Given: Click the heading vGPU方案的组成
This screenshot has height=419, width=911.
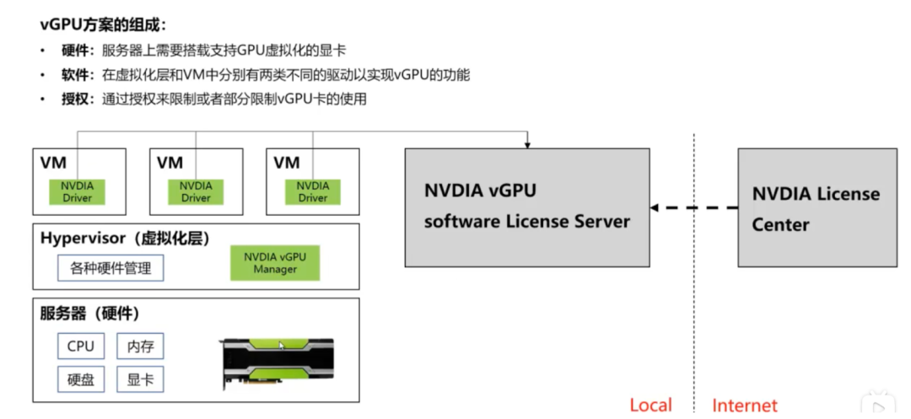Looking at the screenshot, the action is coord(103,25).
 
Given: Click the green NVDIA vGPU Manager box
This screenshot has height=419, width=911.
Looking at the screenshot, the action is coord(275,263).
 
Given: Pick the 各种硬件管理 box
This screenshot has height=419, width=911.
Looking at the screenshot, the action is coord(111,269).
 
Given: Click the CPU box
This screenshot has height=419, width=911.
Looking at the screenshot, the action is coord(81,346).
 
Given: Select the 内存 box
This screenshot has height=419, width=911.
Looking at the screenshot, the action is coord(140,346).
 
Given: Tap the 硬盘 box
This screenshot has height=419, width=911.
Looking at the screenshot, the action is coord(81,379).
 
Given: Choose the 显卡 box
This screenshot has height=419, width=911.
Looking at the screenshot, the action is coord(140,379).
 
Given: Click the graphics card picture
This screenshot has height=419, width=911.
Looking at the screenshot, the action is coord(278,363).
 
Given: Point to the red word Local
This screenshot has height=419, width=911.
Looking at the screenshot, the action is coord(650,405).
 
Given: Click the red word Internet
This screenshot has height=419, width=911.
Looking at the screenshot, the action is coord(744,405).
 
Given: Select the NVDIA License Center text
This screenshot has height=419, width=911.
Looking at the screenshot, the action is coord(816,208).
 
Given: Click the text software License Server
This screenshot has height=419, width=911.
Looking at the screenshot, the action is coord(527,221).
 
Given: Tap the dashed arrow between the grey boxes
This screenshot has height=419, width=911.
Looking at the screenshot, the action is coord(693,207).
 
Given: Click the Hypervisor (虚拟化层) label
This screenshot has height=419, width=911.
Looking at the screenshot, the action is coord(125,239).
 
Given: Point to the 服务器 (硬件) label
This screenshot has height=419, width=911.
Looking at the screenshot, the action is coord(90,314).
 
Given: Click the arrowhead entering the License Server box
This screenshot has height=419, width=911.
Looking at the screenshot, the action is coord(527,145).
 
